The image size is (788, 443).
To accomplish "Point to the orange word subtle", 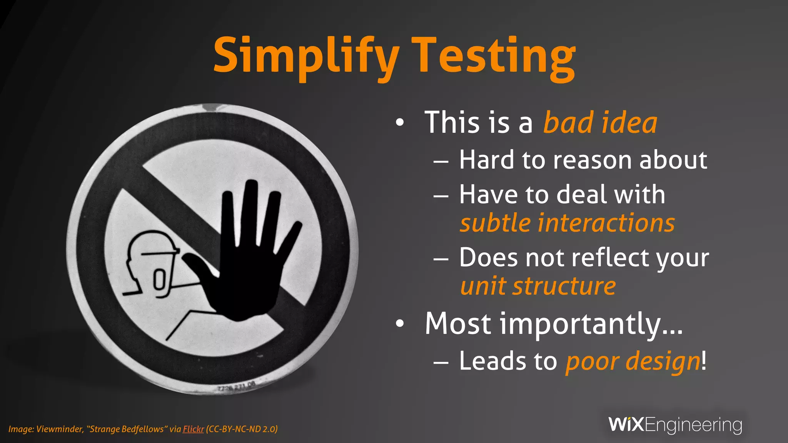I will pyautogui.click(x=495, y=223).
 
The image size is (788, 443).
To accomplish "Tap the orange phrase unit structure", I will pyautogui.click(x=538, y=286).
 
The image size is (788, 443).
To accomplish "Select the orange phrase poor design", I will pyautogui.click(x=633, y=361).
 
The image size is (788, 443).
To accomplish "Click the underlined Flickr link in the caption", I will pyautogui.click(x=193, y=429).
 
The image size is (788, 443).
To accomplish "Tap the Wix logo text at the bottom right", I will pyautogui.click(x=626, y=425).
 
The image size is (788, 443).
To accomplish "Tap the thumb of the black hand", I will pyautogui.click(x=196, y=265).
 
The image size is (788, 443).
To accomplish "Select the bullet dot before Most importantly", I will pyautogui.click(x=400, y=324).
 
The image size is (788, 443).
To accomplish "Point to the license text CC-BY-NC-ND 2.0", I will pyautogui.click(x=242, y=429).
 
